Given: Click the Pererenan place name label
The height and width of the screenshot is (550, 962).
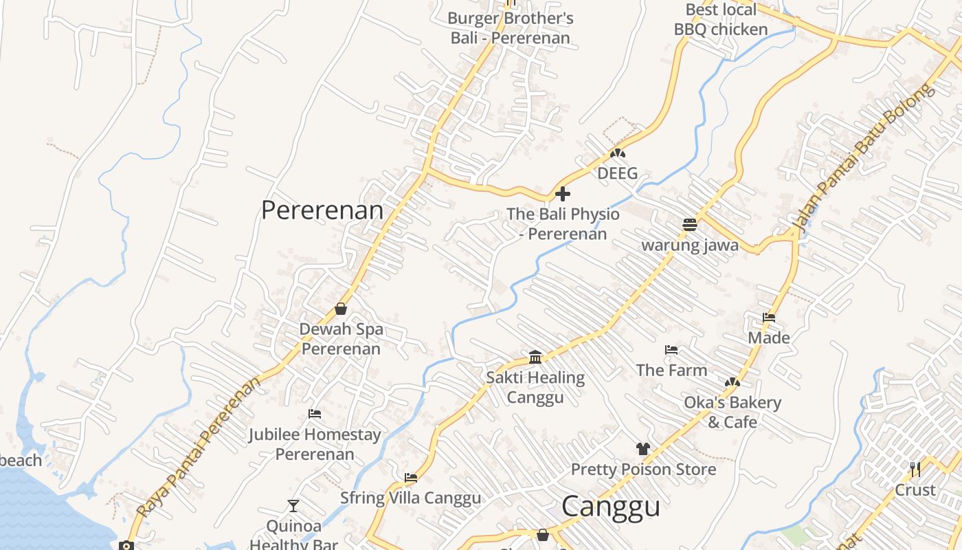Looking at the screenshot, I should click(322, 210).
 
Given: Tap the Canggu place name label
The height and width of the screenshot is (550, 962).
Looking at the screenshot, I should click(611, 507).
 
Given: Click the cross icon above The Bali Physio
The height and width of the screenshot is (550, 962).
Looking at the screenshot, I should click(563, 194).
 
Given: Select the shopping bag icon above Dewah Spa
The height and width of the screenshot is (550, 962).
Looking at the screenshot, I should click(341, 309).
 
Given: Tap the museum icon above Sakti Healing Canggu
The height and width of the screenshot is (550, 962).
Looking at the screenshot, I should click(535, 357).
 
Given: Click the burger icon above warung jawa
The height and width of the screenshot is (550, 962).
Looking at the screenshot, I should click(690, 224).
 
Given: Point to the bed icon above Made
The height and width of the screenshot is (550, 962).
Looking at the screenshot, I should click(769, 318).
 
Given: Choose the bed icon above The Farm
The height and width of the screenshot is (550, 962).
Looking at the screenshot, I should click(671, 350).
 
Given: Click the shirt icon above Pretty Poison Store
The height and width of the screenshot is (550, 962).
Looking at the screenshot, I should click(643, 449).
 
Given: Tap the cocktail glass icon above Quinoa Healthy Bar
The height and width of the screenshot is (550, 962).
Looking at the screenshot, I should click(293, 506).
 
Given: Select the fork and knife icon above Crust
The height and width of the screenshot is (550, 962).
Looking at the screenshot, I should click(915, 470).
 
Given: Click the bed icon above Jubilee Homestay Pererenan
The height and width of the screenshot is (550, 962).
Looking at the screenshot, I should click(315, 414).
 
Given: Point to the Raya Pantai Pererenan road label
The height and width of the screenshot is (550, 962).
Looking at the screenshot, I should click(200, 446).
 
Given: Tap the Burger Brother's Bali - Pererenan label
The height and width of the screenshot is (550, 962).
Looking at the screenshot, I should click(511, 27).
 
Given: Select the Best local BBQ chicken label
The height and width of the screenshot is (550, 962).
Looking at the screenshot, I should click(721, 19).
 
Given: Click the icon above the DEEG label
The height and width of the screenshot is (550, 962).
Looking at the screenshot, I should click(618, 153).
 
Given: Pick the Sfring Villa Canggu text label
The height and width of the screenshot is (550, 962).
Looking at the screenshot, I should click(411, 498).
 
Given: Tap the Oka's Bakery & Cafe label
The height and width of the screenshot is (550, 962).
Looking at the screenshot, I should click(732, 412).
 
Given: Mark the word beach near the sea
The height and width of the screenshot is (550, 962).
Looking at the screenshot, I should click(21, 461).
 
